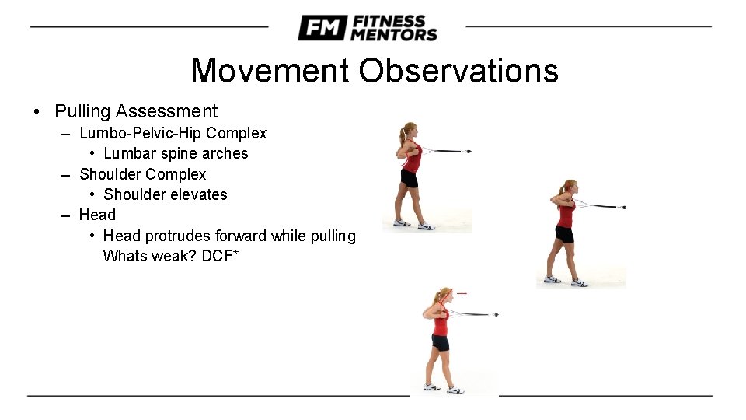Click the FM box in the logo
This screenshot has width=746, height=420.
click(x=321, y=28)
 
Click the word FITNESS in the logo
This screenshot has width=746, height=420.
click(x=388, y=21)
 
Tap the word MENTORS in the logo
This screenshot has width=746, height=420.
click(x=393, y=35)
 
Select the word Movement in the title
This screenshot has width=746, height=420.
click(x=270, y=71)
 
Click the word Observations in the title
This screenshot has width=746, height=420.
click(x=458, y=71)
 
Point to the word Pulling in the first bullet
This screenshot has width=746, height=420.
click(x=82, y=112)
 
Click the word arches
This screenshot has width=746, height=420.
click(x=225, y=153)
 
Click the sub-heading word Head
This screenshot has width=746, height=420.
click(x=97, y=215)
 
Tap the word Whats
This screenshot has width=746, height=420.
click(x=125, y=256)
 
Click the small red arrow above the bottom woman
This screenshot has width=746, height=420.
click(x=461, y=293)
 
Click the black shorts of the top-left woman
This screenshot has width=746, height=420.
click(x=408, y=179)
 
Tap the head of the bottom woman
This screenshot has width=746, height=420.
click(x=444, y=295)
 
